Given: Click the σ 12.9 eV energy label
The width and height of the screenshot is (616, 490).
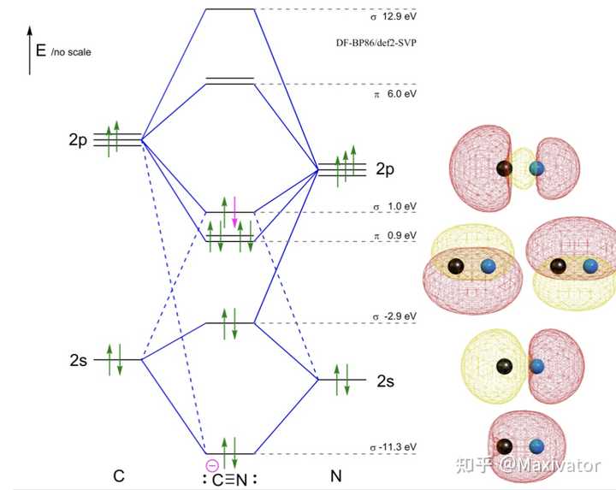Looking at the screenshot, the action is (394, 17).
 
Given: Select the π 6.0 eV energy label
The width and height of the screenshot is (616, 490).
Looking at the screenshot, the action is (395, 94).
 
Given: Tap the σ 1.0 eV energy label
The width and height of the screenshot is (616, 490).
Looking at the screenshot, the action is (394, 207).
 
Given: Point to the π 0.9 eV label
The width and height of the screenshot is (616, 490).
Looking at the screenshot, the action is (395, 235).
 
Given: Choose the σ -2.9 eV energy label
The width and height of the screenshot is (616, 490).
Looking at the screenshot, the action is (394, 316).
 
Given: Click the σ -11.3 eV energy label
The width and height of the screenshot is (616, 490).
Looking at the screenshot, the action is (394, 447).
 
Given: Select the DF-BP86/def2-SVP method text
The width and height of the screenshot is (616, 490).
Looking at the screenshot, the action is (376, 43).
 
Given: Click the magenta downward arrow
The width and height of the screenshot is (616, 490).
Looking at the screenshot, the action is (234, 212).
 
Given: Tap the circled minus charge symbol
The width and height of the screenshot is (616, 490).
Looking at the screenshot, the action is (212, 466).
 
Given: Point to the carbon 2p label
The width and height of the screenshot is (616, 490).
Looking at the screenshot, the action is (78, 139).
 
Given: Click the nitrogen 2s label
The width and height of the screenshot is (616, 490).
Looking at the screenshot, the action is (385, 381).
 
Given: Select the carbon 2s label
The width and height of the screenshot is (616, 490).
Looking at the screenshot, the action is (78, 360).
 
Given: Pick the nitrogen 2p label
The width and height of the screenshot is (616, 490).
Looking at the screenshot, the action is (385, 169).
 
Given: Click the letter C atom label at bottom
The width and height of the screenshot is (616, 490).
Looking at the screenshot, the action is (119, 475).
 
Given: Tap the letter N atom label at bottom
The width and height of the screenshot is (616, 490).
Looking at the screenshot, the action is (336, 475).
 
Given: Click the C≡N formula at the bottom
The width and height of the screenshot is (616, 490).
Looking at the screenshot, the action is (230, 480).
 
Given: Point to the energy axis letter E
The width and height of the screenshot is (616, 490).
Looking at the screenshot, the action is (41, 50).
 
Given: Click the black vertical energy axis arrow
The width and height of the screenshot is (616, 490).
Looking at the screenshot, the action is (29, 50).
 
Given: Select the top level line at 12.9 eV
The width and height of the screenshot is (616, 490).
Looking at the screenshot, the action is (230, 9).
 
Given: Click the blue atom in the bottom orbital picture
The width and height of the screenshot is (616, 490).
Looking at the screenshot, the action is (536, 446).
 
